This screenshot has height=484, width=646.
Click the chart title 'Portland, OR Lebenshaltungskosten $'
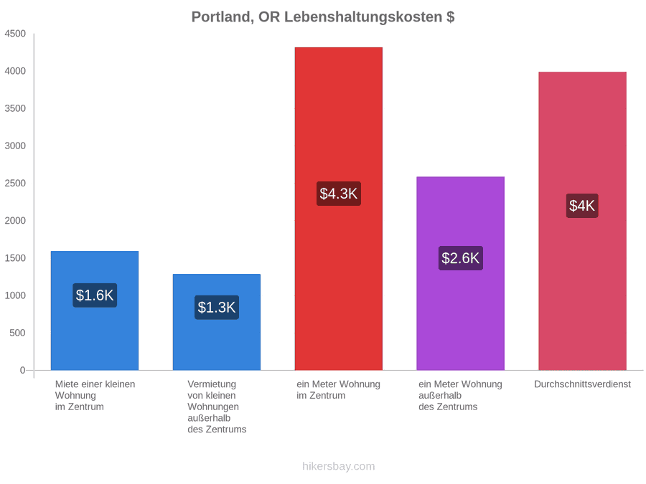point(323,17)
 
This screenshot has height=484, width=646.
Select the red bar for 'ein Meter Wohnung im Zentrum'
point(339,209)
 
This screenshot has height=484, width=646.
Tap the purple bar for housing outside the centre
point(461,273)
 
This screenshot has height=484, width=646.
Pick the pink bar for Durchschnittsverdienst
point(583,221)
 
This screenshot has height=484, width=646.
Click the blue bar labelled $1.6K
point(95,310)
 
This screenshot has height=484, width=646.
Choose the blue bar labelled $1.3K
point(217,322)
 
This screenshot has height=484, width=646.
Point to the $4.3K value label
point(339,194)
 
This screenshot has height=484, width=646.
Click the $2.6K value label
point(461,258)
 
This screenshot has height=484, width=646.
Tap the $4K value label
point(582,206)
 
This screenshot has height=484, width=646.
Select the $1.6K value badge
point(95,295)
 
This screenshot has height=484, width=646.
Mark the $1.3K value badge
point(217,307)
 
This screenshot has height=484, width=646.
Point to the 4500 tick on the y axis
point(15,34)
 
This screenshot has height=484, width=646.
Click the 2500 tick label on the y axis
point(15,183)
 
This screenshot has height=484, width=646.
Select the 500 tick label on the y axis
point(18,333)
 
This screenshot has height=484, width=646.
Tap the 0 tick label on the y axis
point(23,370)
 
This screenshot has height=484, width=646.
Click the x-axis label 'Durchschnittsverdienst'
point(583,384)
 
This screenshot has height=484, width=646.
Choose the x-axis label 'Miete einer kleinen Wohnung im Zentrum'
point(95,396)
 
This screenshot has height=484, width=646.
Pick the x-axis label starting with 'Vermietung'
point(217,407)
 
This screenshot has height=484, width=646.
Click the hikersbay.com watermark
point(339,466)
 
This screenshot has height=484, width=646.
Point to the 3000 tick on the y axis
point(15,146)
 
